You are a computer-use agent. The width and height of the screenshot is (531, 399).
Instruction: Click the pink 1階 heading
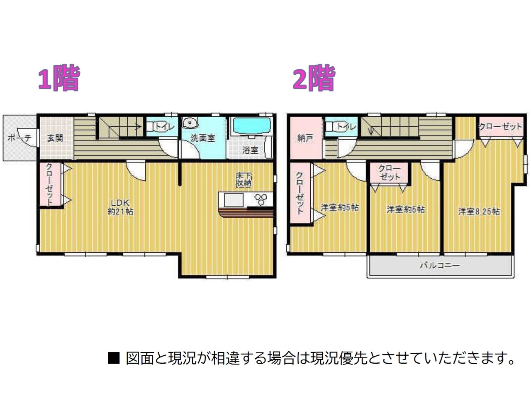[59, 78]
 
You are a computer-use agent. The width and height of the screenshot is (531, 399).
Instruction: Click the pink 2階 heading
[314, 78]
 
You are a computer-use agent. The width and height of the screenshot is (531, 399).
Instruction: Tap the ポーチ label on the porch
[19, 138]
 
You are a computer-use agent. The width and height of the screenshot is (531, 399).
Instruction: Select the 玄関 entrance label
[55, 138]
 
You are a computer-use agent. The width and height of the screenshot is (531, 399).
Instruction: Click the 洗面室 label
[203, 138]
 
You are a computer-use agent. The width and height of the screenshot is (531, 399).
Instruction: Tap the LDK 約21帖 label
[120, 207]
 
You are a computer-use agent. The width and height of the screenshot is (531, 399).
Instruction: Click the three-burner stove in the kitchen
[261, 199]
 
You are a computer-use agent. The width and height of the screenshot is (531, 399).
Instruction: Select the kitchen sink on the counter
[234, 200]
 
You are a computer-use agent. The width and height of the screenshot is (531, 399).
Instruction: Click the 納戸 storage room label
[305, 138]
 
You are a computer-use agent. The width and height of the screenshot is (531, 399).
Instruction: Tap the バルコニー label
[440, 265]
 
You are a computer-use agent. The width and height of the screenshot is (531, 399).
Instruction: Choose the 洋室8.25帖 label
[479, 212]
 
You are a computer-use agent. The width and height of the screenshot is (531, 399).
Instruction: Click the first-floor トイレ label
[165, 126]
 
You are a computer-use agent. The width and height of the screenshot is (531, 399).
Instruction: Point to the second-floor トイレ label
[346, 126]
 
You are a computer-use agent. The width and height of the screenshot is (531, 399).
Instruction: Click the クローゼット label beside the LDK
[49, 185]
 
